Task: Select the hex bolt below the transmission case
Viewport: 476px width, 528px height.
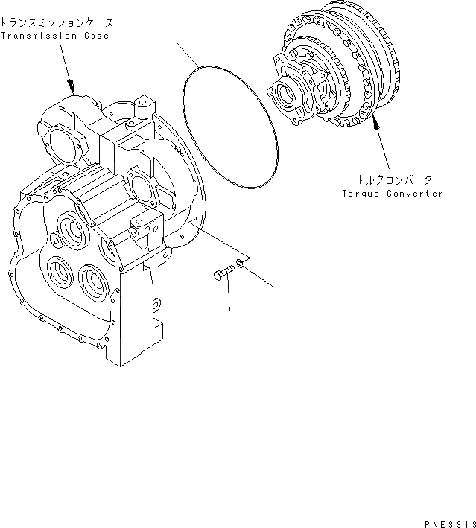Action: tap(222, 275)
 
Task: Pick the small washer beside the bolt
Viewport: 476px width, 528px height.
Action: tap(240, 262)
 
